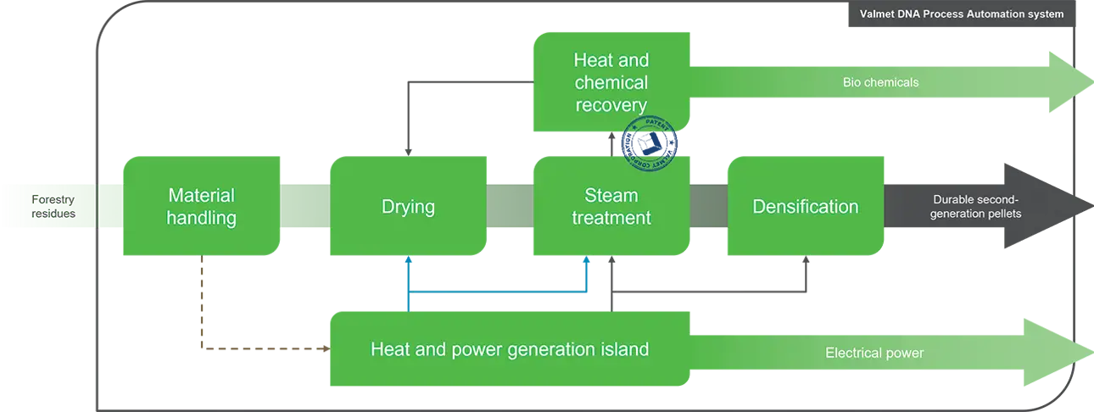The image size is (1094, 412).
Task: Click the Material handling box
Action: click(x=201, y=206)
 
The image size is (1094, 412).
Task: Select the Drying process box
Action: click(x=408, y=206)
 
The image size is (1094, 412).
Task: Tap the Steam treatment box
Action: click(x=611, y=206)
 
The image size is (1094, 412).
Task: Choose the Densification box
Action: click(x=806, y=206)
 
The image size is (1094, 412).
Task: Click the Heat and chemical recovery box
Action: click(x=611, y=82)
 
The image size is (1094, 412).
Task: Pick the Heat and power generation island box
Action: click(x=510, y=348)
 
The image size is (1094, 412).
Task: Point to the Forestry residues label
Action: click(x=53, y=207)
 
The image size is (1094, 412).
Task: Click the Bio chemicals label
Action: click(x=880, y=82)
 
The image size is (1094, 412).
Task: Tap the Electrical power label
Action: click(x=874, y=353)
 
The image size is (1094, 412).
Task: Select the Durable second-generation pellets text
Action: click(x=975, y=207)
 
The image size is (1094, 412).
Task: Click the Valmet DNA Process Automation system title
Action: click(x=962, y=14)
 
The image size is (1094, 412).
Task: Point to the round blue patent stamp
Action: click(x=649, y=143)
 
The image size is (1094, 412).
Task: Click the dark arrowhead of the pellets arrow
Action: click(x=1045, y=206)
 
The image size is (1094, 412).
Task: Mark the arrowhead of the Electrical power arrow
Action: click(x=1055, y=353)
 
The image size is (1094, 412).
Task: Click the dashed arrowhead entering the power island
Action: click(x=327, y=348)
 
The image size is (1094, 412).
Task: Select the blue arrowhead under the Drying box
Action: click(x=408, y=259)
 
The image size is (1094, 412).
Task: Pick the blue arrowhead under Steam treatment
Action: click(x=587, y=259)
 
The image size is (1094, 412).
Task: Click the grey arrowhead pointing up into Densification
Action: click(x=806, y=259)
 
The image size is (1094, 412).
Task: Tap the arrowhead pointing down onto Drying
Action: click(x=408, y=153)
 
